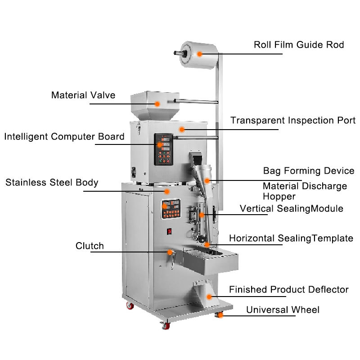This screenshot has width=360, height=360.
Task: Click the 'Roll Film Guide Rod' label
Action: pyautogui.click(x=299, y=45)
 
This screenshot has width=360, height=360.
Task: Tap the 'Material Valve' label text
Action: pyautogui.click(x=83, y=95)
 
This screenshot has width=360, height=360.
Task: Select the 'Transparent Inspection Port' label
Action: pyautogui.click(x=293, y=120)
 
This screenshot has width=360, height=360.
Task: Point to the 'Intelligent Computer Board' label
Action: pyautogui.click(x=64, y=137)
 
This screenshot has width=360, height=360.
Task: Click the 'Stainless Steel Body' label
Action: pyautogui.click(x=52, y=183)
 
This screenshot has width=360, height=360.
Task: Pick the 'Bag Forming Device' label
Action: pyautogui.click(x=309, y=171)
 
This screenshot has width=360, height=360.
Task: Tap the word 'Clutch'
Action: pyautogui.click(x=90, y=246)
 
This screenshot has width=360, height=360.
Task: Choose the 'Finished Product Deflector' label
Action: pyautogui.click(x=289, y=289)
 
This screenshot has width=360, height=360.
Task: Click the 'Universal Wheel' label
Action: pyautogui.click(x=283, y=310)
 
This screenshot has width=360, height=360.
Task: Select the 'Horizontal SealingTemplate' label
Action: pyautogui.click(x=291, y=238)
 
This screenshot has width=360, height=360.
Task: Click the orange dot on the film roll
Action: pyautogui.click(x=199, y=54)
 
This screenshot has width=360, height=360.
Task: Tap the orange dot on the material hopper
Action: pyautogui.click(x=157, y=104)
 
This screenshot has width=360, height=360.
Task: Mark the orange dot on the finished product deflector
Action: pyautogui.click(x=209, y=297)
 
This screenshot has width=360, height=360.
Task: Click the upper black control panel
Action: pyautogui.click(x=163, y=149)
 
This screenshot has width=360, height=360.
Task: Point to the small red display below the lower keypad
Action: pyautogui.click(x=169, y=231)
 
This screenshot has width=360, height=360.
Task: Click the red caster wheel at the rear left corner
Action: pyautogui.click(x=130, y=306)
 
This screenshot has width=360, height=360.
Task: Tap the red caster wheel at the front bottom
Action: pyautogui.click(x=166, y=325)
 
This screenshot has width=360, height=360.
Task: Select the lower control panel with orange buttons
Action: pyautogui.click(x=171, y=209)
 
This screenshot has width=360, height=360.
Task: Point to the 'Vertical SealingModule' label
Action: pyautogui.click(x=291, y=209)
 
